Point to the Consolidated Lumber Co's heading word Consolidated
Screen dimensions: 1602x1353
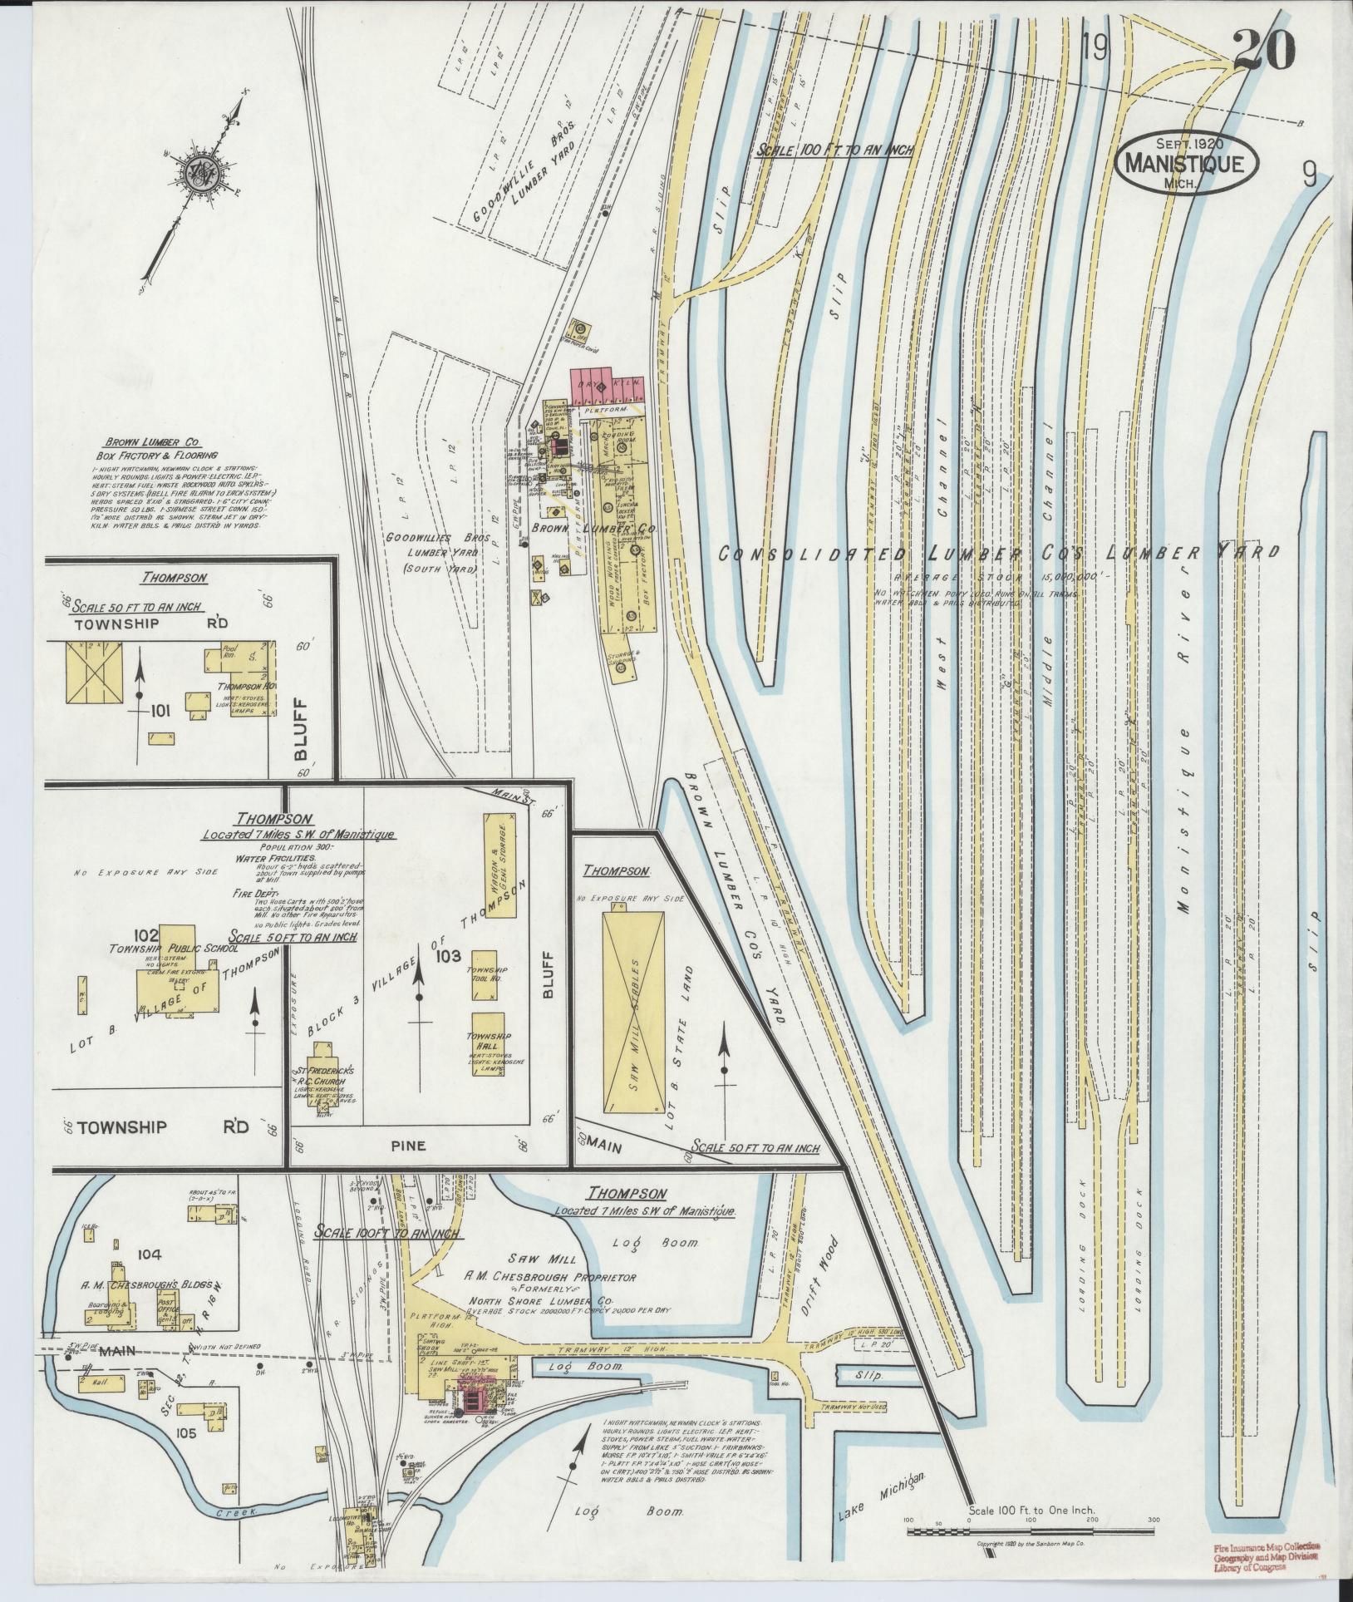(x=814, y=555)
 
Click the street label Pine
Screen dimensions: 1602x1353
(x=408, y=1146)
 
